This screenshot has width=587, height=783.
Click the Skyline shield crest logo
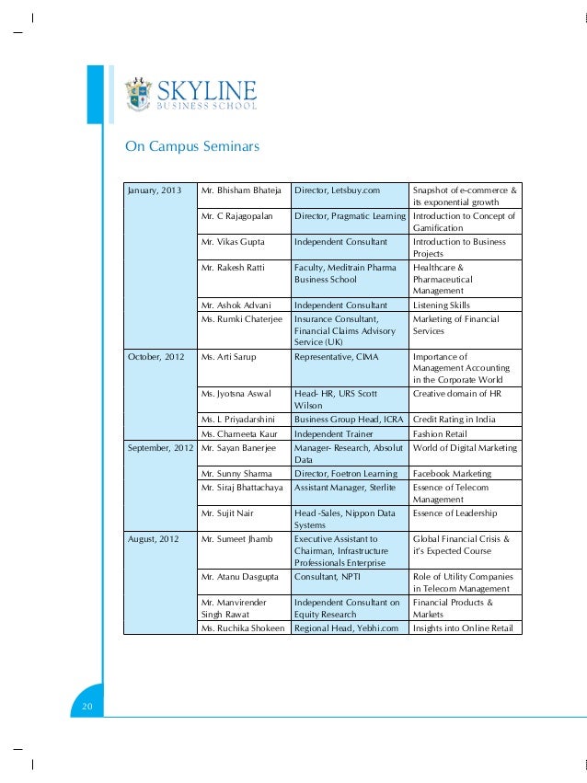[139, 93]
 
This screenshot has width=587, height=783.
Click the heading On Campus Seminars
[192, 147]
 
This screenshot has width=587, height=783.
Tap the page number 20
[87, 706]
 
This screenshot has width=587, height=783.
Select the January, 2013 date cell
[155, 190]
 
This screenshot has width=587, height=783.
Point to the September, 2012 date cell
[160, 448]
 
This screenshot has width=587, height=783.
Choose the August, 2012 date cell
[153, 538]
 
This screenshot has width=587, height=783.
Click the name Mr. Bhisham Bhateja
[240, 190]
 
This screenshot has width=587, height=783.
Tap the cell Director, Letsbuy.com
[337, 190]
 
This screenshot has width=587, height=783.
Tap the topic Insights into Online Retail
[465, 628]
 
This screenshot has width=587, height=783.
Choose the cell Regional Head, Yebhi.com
[346, 628]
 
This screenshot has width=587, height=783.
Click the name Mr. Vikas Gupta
[235, 242]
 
